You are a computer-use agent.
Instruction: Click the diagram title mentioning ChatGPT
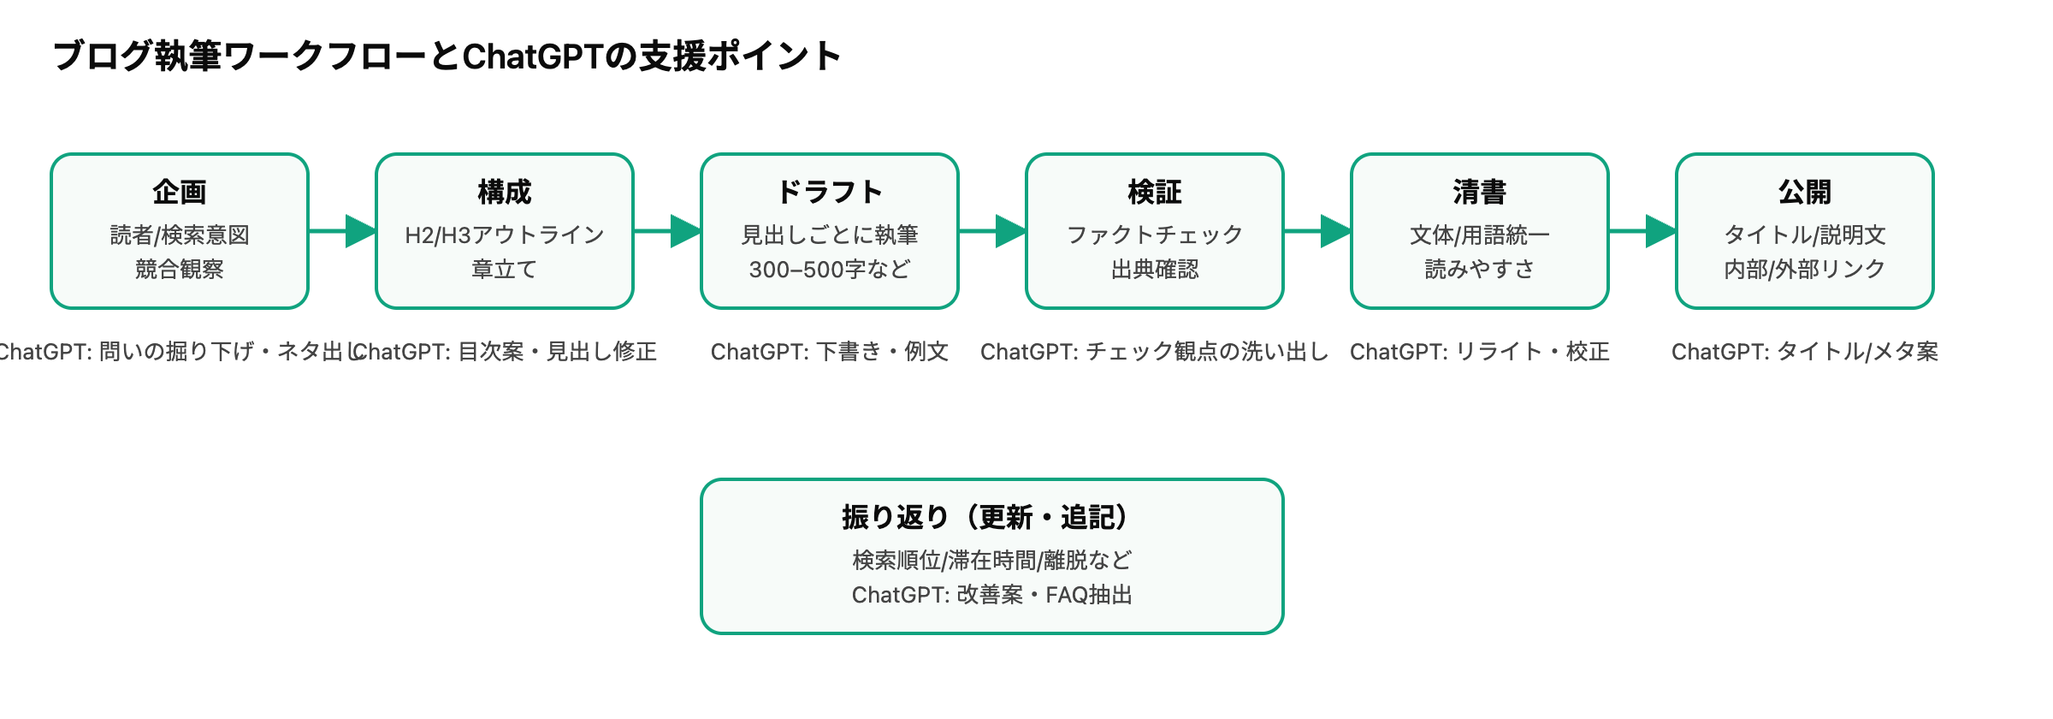[447, 56]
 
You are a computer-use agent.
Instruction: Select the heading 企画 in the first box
[180, 192]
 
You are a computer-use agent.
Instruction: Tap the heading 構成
[505, 192]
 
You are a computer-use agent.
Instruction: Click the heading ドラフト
[830, 192]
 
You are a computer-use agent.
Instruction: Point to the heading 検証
[1155, 192]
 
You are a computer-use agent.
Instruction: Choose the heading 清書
[1480, 192]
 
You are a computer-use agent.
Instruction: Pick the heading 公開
[1805, 192]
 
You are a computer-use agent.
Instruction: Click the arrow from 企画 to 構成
[342, 231]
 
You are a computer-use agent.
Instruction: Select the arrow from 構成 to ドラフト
[667, 231]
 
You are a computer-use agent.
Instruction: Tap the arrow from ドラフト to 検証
[992, 231]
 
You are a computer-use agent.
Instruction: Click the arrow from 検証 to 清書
[1317, 231]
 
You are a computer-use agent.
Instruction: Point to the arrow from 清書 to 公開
[1642, 231]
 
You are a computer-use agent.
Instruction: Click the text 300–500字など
[830, 270]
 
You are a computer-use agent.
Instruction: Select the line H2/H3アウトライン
[505, 235]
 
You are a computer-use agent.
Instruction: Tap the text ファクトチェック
[1155, 235]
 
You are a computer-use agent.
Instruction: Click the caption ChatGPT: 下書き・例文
[830, 352]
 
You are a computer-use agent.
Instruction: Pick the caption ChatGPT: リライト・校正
[1480, 352]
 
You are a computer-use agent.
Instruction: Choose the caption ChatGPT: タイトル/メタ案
[1805, 352]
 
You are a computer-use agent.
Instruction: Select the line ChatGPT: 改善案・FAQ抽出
[992, 595]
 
